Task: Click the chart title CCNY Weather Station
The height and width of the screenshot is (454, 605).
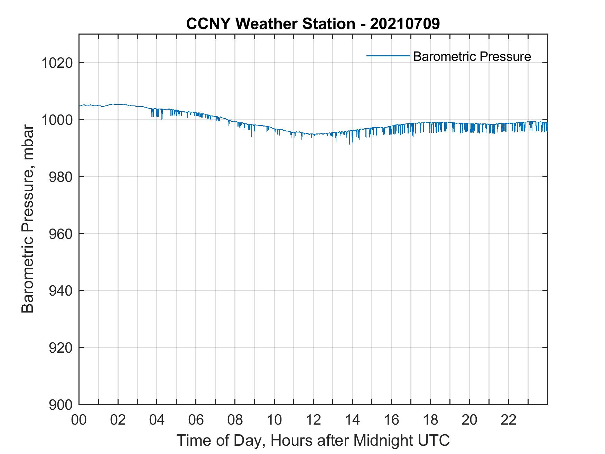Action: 271,24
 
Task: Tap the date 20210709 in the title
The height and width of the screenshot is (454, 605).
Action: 405,24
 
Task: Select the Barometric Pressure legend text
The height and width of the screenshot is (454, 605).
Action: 472,56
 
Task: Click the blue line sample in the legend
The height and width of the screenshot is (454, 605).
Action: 388,56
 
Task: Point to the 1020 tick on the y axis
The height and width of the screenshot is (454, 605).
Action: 57,63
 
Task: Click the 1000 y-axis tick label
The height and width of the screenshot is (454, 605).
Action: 57,120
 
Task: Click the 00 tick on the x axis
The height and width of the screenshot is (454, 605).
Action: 79,420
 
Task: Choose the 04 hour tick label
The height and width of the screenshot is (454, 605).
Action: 157,420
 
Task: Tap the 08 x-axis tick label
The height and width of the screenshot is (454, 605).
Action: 235,420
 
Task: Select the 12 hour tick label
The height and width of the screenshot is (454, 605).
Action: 313,420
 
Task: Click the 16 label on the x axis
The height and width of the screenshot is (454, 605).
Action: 391,420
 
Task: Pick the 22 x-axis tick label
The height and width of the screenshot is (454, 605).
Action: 509,420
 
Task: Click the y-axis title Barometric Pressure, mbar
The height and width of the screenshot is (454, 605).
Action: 28,219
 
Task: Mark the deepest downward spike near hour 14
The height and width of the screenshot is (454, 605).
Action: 349,143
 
